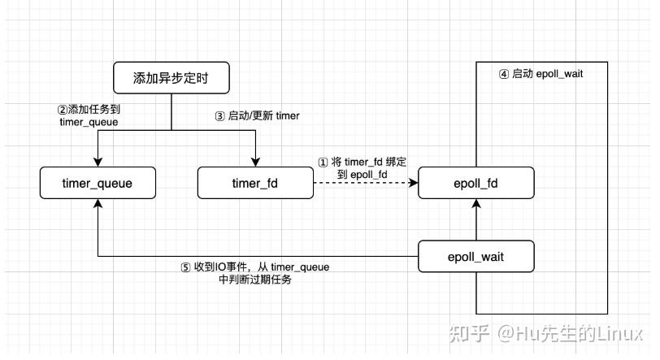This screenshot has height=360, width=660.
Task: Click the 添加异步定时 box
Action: [172, 79]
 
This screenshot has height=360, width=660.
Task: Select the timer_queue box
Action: [98, 183]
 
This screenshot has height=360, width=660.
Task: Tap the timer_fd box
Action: [255, 183]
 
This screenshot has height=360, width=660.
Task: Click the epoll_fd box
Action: [476, 183]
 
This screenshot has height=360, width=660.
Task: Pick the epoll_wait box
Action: [476, 256]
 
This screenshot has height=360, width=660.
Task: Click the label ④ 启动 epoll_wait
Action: [541, 74]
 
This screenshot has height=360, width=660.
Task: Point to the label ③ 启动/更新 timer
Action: [257, 116]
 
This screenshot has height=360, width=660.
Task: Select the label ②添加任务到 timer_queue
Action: [89, 115]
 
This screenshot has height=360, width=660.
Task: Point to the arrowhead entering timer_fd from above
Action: [255, 163]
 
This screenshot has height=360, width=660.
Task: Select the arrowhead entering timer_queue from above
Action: [98, 163]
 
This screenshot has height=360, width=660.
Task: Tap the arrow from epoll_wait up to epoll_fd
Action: [476, 221]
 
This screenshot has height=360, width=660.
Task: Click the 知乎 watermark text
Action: [469, 334]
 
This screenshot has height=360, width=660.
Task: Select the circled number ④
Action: [504, 74]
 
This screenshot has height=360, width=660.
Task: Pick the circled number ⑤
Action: [185, 267]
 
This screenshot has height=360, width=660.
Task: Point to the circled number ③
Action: [219, 116]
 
